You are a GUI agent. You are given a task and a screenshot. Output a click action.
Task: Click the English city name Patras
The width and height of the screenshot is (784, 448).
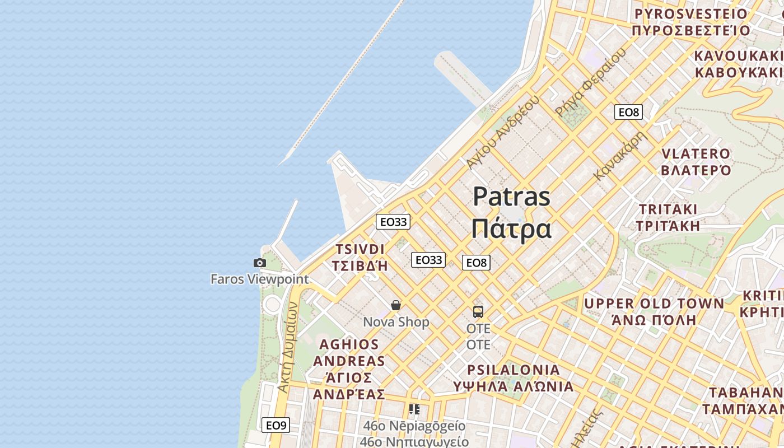tap(511, 197)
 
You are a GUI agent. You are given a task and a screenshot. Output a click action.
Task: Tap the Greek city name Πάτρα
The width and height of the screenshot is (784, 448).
tap(511, 228)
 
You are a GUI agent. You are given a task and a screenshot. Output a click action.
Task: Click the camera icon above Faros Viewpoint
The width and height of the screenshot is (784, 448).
tap(259, 263)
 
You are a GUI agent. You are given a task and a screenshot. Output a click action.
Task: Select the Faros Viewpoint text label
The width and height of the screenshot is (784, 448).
tap(259, 279)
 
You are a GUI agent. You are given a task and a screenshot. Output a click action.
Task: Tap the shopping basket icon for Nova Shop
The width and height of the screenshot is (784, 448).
tap(396, 305)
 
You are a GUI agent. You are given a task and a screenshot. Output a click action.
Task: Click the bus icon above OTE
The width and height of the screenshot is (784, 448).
tap(478, 312)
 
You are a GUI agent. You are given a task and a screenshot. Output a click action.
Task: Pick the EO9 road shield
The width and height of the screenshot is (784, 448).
tap(276, 425)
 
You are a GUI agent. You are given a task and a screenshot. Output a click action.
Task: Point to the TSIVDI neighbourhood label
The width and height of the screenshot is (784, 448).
tap(360, 249)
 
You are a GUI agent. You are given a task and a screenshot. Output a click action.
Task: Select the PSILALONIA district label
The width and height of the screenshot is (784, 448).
tap(514, 370)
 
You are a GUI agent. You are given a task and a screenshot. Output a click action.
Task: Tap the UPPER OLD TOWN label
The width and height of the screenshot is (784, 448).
tap(654, 304)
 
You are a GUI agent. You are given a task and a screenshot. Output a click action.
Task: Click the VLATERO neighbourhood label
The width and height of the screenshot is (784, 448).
tap(696, 154)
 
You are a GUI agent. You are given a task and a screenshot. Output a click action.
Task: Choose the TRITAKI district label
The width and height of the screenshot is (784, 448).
tap(669, 209)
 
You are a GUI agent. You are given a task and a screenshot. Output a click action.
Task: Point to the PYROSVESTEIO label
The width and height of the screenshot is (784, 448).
tap(691, 14)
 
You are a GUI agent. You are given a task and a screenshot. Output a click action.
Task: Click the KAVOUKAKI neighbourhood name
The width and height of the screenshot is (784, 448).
tap(738, 56)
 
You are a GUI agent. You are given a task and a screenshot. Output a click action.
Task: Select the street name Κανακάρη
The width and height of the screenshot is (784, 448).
tap(620, 156)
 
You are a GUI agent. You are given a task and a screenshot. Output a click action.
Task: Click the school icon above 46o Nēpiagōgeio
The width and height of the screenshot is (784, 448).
tap(414, 409)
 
